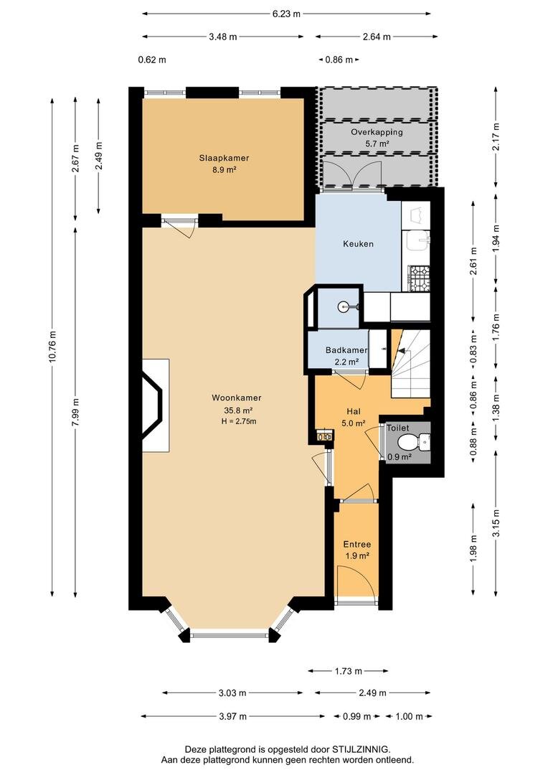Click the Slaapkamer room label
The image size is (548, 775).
[224, 158]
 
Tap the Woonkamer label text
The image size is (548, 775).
[236, 398]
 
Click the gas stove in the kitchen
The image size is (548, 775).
[418, 278]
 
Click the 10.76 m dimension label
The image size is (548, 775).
[52, 347]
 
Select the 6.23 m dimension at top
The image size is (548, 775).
[286, 14]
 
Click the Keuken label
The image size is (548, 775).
[358, 244]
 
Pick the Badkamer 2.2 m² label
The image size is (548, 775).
[346, 356]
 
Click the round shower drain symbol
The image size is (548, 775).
[344, 307]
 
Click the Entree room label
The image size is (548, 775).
[357, 544]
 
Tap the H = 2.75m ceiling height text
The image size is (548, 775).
[239, 421]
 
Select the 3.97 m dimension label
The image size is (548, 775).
[232, 716]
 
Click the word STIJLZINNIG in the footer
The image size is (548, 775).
[360, 750]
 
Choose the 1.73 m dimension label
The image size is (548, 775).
[348, 671]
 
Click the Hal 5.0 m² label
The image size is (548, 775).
[354, 417]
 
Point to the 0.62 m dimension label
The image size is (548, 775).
[151, 60]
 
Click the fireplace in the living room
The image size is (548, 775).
[154, 405]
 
